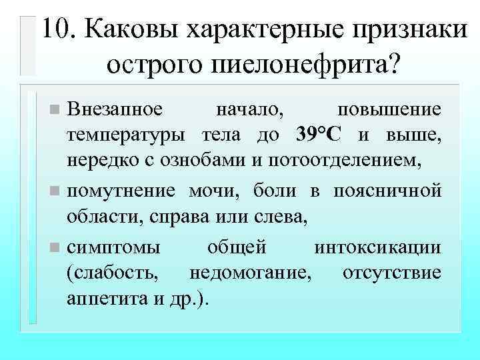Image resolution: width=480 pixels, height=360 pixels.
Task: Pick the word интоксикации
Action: click(x=377, y=247)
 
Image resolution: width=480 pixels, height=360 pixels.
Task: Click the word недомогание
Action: click(x=251, y=273)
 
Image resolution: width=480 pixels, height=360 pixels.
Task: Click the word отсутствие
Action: click(x=391, y=273)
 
